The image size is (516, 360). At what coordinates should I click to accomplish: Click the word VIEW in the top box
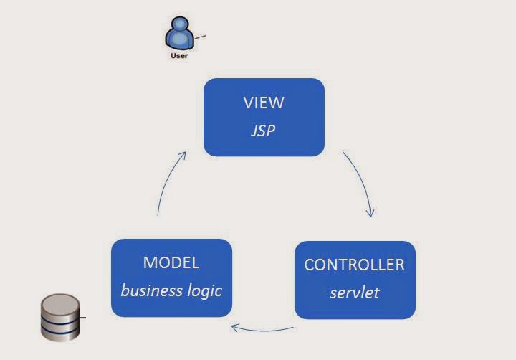point(264,103)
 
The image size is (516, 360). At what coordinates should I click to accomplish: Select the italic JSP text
point(264,131)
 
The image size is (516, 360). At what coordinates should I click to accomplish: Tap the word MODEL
point(171,262)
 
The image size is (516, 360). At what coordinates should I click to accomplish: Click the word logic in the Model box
point(204,290)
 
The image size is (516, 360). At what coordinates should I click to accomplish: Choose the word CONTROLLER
point(354,265)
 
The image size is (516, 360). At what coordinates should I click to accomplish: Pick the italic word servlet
point(354,293)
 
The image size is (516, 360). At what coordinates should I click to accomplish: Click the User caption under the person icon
point(179,55)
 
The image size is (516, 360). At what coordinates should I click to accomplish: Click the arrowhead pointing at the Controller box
point(371,213)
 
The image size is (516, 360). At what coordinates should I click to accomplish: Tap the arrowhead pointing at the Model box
point(234,327)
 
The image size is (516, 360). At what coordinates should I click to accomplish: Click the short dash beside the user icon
point(202,36)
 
